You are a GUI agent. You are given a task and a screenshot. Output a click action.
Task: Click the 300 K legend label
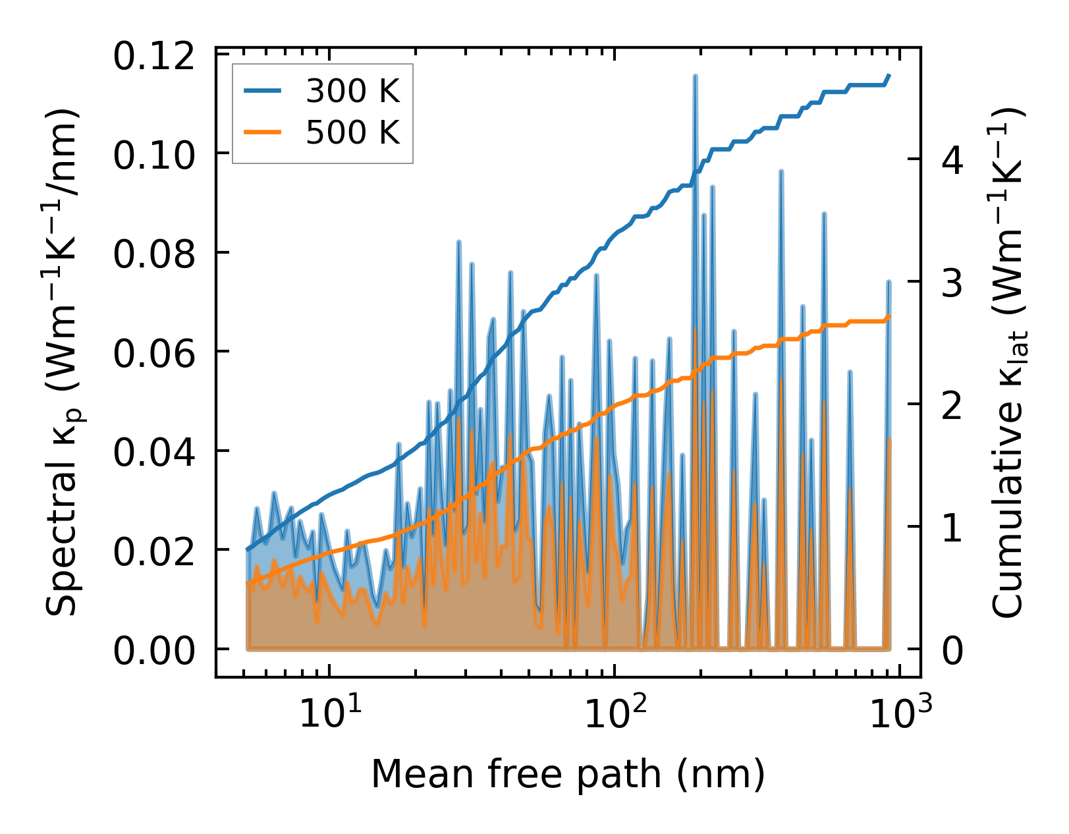pos(352,92)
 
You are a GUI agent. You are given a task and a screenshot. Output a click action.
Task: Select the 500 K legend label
pos(352,132)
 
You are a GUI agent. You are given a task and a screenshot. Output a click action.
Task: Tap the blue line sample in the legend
pos(263,92)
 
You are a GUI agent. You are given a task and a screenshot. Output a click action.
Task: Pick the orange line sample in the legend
pos(263,132)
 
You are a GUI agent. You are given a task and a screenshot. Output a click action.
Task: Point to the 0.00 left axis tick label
pos(154,652)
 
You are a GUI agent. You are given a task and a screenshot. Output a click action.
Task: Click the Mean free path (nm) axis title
pos(568,773)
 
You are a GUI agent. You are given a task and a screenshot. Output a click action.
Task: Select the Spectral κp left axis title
pos(63,362)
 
